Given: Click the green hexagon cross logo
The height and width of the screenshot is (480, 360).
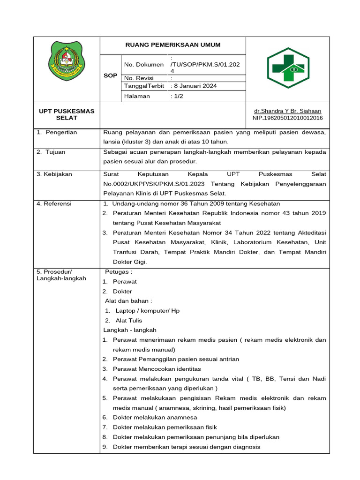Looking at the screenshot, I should click(288, 68).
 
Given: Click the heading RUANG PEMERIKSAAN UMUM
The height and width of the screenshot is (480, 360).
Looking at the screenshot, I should click(172, 45).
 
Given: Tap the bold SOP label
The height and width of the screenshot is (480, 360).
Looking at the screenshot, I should click(111, 75).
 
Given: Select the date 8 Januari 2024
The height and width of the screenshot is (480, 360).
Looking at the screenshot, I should click(194, 86).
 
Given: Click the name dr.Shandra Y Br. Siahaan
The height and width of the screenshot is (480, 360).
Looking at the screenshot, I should click(287, 111).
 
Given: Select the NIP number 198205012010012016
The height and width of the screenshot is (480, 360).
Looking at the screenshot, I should click(287, 118).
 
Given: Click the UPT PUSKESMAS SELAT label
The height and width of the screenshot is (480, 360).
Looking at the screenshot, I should click(67, 114).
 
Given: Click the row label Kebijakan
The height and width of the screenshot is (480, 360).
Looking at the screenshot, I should click(54, 174).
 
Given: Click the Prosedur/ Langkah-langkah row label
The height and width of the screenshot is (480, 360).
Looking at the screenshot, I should click(61, 275).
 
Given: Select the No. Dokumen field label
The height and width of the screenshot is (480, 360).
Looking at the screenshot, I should click(144, 65).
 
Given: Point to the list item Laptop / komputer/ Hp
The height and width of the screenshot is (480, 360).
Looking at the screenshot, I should click(147, 311).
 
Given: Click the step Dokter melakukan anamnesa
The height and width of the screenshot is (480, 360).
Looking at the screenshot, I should click(155, 417).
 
